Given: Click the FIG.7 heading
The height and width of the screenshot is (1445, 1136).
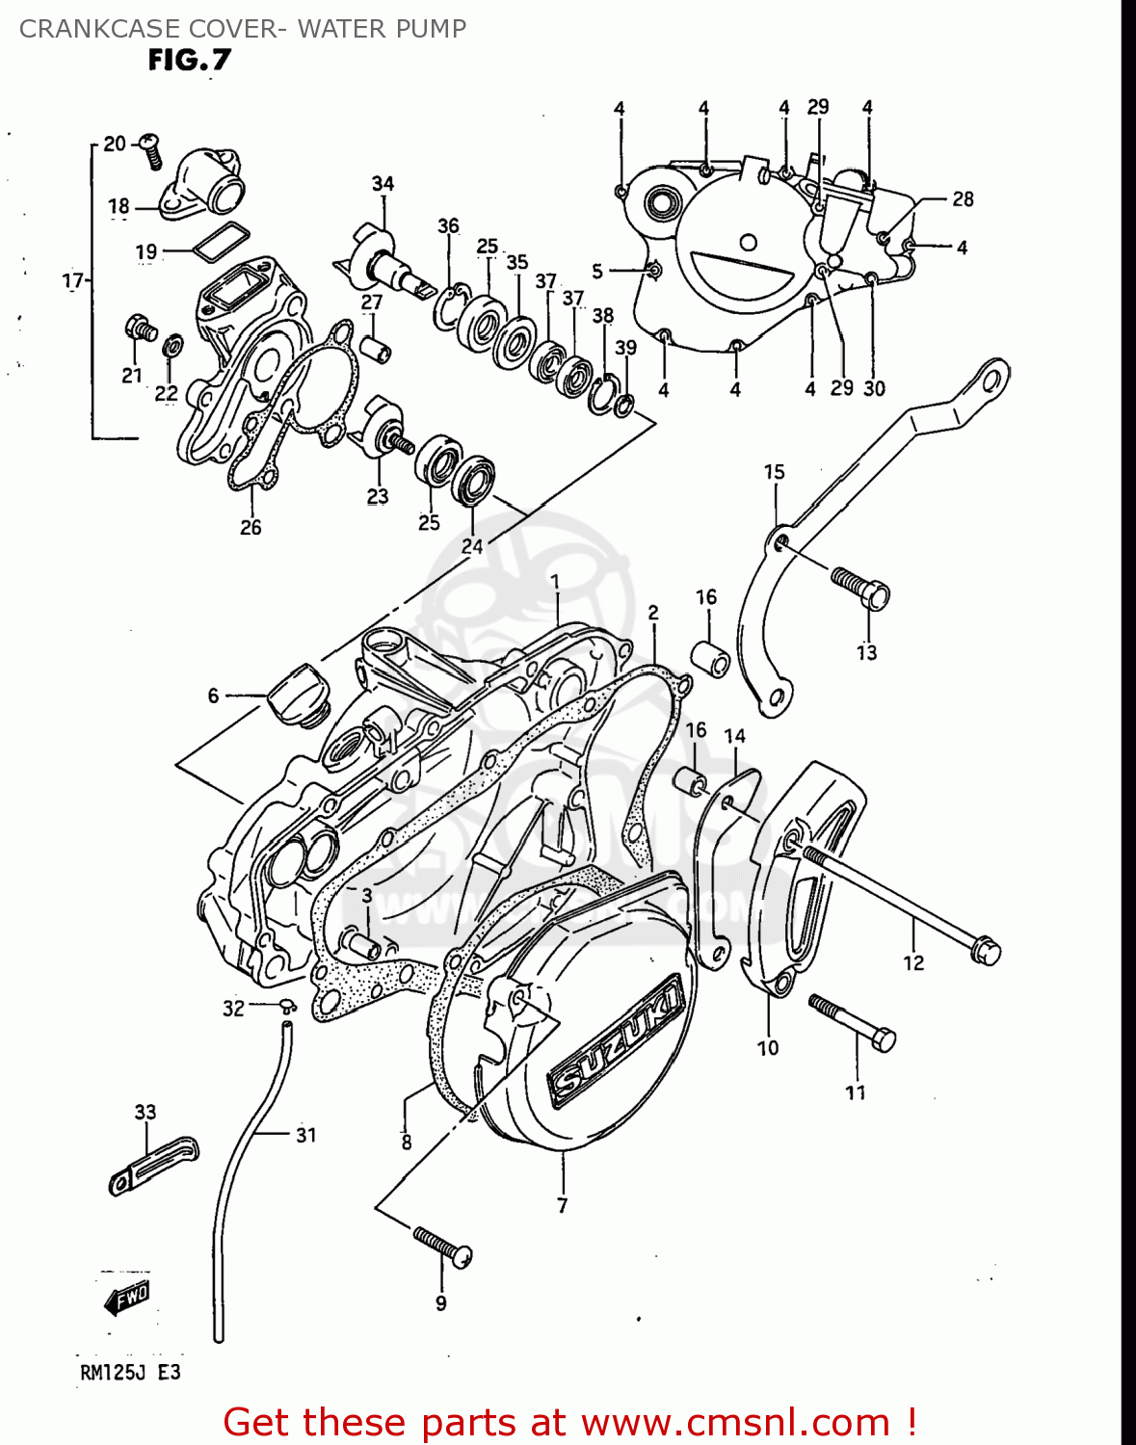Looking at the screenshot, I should (x=190, y=61).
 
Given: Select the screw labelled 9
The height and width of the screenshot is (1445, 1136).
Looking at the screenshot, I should (x=443, y=1247).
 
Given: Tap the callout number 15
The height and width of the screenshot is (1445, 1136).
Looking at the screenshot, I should (x=775, y=472).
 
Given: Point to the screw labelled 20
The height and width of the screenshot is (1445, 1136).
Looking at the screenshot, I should (x=151, y=150).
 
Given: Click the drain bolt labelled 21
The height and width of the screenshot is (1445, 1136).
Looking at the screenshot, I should (x=140, y=328).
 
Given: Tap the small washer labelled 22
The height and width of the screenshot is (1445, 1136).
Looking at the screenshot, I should (x=172, y=344).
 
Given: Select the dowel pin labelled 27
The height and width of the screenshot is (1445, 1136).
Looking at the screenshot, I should (x=376, y=348).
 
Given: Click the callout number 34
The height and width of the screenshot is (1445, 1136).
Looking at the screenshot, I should (x=383, y=183).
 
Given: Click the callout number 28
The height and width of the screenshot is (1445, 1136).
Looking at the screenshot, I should (x=963, y=199).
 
